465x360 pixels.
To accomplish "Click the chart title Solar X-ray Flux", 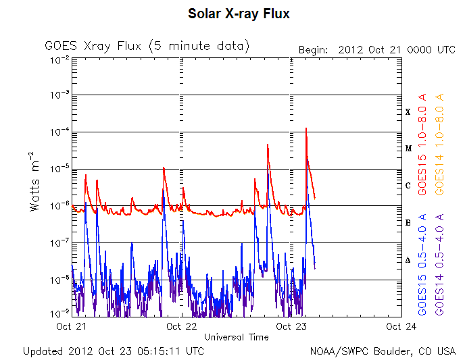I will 239,14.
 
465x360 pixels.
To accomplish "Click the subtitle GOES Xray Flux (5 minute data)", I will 147,46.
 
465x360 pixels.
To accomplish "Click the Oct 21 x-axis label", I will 72,326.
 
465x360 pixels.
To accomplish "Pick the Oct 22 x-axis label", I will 181,326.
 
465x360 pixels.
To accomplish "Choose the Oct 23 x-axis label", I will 292,326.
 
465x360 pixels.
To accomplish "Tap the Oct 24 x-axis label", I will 401,326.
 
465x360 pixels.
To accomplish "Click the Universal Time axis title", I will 236,336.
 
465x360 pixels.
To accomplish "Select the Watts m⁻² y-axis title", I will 35,186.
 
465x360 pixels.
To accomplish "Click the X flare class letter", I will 408,112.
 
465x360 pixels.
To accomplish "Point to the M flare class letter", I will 408,149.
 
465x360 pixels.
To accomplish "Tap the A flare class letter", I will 408,260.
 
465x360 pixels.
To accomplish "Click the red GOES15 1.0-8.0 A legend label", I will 423,145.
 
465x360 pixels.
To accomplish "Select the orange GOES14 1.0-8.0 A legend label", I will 440,145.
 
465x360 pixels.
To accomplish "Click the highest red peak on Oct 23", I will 306,128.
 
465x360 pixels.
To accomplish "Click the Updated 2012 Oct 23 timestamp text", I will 113,351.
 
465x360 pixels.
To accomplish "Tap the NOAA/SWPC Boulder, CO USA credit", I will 383,351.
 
